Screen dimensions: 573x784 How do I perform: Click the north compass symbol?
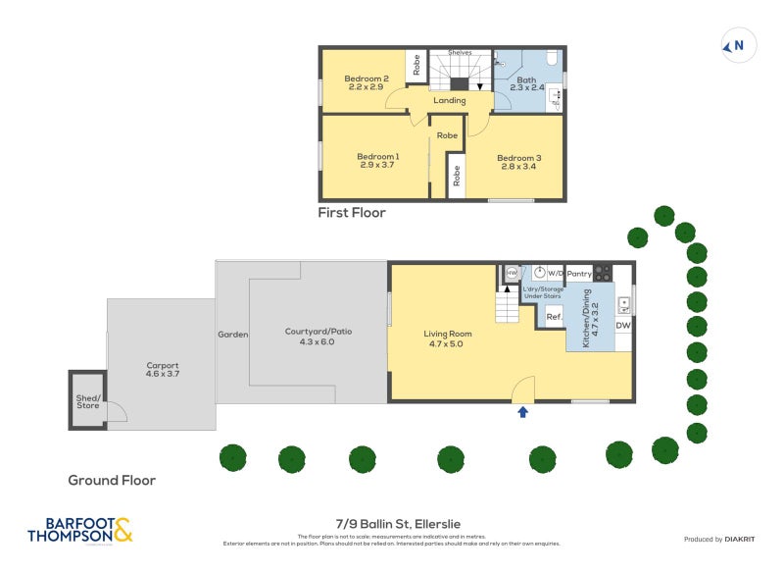(736, 45)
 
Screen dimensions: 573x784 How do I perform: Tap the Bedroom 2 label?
(367, 78)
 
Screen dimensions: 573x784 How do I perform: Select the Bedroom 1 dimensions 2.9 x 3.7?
(377, 166)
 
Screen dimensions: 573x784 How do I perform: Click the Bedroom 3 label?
(518, 158)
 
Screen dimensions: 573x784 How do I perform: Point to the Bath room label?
(527, 80)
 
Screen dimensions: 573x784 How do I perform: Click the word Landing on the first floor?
(450, 100)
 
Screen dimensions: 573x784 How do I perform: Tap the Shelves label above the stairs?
(459, 52)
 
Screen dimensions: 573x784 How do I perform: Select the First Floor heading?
(352, 212)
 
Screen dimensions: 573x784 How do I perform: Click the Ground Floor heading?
(111, 480)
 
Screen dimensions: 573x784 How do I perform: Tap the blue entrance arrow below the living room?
(522, 412)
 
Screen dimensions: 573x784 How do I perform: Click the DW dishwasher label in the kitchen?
(623, 326)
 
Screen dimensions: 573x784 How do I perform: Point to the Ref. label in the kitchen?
(553, 317)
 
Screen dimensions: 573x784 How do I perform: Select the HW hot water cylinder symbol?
(511, 273)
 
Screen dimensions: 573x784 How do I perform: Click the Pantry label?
(579, 273)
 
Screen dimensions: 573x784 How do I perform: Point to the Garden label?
(233, 335)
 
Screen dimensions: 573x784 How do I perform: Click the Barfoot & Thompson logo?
(78, 531)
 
